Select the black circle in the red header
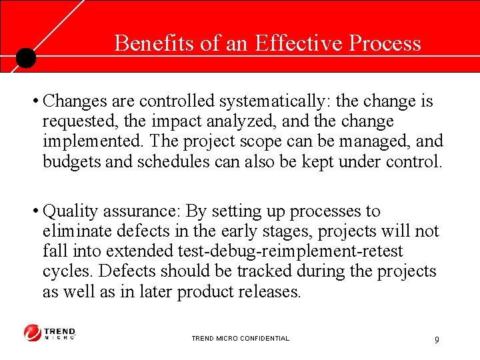pyautogui.click(x=25, y=59)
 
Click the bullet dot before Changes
pyautogui.click(x=34, y=102)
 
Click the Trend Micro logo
pyautogui.click(x=50, y=333)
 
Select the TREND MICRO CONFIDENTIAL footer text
pyautogui.click(x=240, y=339)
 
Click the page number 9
pyautogui.click(x=437, y=340)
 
